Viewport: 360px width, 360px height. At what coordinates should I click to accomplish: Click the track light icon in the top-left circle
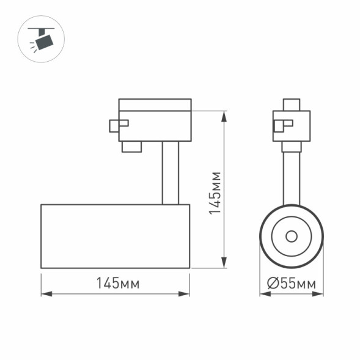pos(41,40)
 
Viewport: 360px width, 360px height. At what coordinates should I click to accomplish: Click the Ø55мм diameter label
pos(292,284)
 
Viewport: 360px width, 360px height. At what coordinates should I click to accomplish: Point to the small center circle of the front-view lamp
pos(292,236)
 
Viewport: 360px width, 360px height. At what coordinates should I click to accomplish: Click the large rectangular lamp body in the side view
pos(115,236)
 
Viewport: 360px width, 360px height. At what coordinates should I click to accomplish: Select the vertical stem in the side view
pos(170,173)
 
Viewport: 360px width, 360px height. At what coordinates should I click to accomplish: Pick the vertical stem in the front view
pos(292,177)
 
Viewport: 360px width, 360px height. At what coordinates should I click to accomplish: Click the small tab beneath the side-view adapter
pos(131,147)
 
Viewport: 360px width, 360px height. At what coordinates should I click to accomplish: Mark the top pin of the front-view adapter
pos(292,105)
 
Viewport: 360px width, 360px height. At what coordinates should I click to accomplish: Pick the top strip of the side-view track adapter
pos(155,104)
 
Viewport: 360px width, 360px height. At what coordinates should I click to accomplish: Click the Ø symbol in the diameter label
pos(273,284)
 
